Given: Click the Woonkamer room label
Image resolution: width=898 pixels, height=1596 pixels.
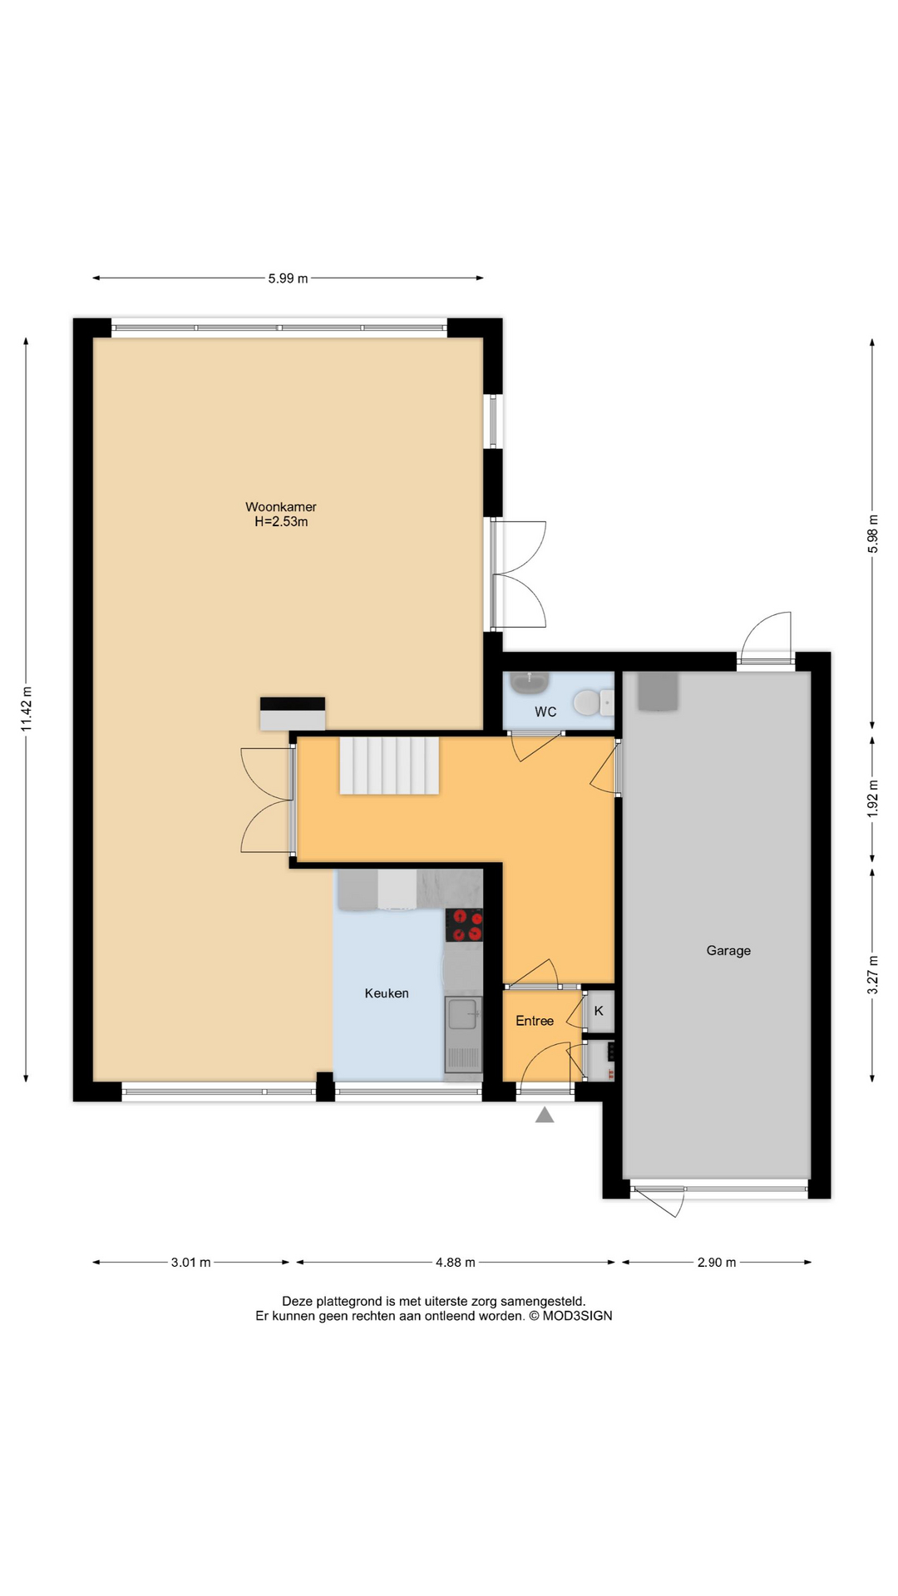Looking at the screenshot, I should (x=280, y=507).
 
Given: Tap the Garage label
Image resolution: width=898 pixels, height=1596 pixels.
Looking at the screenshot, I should (x=728, y=950).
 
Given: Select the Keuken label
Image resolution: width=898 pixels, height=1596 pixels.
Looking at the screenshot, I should (x=387, y=993).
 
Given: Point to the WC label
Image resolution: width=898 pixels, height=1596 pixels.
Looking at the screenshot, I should (x=545, y=712).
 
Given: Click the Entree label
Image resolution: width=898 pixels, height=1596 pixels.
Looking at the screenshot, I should (x=534, y=1021).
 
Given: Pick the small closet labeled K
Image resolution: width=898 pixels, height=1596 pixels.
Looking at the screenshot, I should (x=599, y=1012).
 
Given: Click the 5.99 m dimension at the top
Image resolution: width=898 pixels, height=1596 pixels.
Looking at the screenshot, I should (x=288, y=278).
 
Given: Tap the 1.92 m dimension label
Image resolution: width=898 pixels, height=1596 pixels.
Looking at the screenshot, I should (x=872, y=798).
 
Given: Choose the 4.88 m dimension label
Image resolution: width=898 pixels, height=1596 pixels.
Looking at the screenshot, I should (x=455, y=1262).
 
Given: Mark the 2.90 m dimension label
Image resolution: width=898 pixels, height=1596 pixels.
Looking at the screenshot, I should (x=716, y=1262).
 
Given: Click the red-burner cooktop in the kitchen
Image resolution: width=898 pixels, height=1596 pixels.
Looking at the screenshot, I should (x=465, y=926).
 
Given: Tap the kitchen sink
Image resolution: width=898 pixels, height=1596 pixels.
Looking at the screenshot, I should (x=461, y=1013).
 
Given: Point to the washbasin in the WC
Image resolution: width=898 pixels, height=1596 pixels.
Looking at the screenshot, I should (x=528, y=683).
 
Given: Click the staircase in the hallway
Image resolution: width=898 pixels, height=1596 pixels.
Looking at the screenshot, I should (x=388, y=766).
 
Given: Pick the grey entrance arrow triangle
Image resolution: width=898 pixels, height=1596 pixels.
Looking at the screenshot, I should (x=545, y=1116).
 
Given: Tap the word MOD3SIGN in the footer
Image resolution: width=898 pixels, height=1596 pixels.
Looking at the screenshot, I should (x=577, y=1316).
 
